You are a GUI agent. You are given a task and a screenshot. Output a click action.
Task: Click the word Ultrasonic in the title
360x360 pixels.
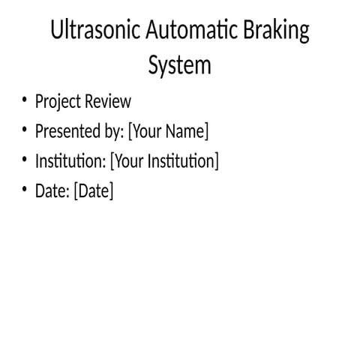[x=95, y=32]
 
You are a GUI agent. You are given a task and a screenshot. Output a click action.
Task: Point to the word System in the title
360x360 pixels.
[x=179, y=65]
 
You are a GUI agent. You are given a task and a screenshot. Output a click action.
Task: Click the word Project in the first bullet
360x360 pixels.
[x=60, y=101]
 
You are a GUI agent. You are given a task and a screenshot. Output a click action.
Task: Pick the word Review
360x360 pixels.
[x=109, y=101]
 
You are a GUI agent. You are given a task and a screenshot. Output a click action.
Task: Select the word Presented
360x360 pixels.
[x=70, y=131]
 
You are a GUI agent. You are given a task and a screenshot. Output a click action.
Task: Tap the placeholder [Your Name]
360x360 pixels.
[x=168, y=131]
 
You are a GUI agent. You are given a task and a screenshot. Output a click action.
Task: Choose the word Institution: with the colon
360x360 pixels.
[x=70, y=161]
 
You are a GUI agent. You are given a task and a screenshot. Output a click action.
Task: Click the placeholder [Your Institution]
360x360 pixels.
[x=164, y=161]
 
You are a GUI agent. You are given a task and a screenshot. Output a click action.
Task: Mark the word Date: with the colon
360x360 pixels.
[x=52, y=191]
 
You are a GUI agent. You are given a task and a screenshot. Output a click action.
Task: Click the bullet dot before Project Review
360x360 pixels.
[x=24, y=100]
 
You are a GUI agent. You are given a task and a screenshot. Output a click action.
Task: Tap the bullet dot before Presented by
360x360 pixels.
[x=24, y=130]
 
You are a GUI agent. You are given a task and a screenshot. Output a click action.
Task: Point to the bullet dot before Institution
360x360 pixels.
[x=24, y=160]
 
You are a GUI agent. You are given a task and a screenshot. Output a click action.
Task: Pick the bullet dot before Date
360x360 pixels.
[x=24, y=190]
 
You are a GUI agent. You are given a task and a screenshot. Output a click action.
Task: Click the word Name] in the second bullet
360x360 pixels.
[x=187, y=131]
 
